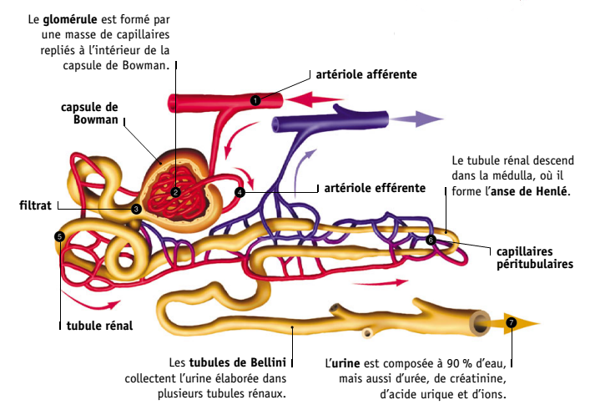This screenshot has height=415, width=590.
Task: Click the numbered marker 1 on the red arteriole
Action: (255, 100)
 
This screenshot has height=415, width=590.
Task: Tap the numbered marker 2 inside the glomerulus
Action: (176, 192)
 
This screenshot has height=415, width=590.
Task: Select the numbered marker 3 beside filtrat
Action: (136, 209)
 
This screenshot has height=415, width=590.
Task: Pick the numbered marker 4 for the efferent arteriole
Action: (240, 192)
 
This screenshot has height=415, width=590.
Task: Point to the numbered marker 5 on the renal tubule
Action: (58, 236)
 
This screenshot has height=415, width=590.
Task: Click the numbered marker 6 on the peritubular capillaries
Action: (431, 240)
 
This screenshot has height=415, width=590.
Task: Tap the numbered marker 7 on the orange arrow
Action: (511, 322)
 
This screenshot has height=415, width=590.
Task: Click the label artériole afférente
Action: (366, 74)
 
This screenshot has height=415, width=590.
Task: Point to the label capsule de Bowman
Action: (89, 113)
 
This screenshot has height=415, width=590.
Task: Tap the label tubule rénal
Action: (99, 325)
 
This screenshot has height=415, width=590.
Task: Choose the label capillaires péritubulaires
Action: (534, 257)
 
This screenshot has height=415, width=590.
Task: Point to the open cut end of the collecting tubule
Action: (481, 322)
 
